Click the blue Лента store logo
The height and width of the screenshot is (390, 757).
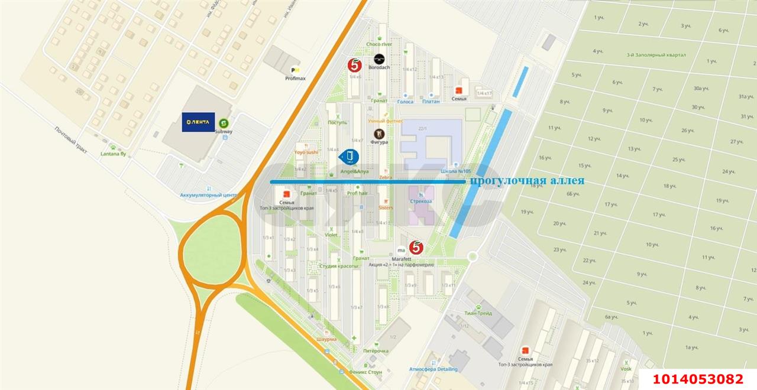click(x=198, y=122)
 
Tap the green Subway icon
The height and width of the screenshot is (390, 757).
click(x=224, y=123)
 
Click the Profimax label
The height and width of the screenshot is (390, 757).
click(x=295, y=78)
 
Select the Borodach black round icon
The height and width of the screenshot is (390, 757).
click(x=379, y=58)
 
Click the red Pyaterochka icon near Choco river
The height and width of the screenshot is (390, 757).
click(x=355, y=64)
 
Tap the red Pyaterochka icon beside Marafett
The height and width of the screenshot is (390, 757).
click(x=417, y=248)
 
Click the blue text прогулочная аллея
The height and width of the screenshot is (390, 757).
click(x=526, y=181)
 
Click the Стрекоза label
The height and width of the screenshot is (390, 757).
click(x=421, y=201)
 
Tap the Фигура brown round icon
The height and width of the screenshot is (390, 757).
click(x=378, y=134)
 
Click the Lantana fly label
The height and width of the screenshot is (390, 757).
click(x=114, y=154)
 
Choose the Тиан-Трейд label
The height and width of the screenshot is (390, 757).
click(x=478, y=313)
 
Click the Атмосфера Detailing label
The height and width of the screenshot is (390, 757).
click(x=433, y=369)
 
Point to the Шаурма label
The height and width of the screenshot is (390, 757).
click(x=326, y=339)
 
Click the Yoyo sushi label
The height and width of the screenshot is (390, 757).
click(x=306, y=152)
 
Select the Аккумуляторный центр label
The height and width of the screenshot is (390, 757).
click(x=208, y=194)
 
